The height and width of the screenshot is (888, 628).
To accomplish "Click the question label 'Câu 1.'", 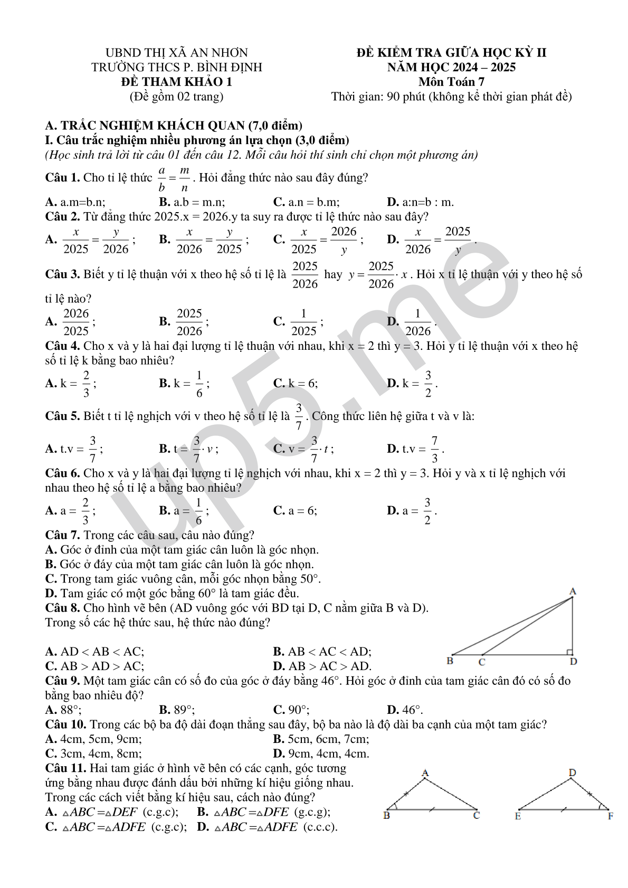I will (62, 178).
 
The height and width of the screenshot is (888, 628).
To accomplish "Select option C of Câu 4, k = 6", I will (296, 384).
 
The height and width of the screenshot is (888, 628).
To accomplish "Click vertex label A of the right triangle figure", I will (573, 591).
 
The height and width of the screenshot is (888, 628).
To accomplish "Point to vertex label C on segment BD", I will (482, 662).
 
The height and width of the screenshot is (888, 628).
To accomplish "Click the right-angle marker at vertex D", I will (569, 653).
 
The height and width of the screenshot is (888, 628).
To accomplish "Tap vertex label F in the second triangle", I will (611, 816).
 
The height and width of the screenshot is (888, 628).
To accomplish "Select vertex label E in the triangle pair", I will (518, 816).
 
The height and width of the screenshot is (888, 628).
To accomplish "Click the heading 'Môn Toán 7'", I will (451, 82).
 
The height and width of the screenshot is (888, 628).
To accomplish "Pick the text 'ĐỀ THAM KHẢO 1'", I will (176, 82).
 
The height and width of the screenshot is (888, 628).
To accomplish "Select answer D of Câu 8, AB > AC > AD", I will (322, 666).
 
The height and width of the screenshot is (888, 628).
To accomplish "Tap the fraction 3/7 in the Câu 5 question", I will (299, 416).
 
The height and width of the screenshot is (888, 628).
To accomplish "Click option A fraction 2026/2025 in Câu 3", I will (76, 322).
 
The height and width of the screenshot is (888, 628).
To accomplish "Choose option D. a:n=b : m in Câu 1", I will (420, 202).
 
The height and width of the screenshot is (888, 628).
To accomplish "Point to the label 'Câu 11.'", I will (65, 768).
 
